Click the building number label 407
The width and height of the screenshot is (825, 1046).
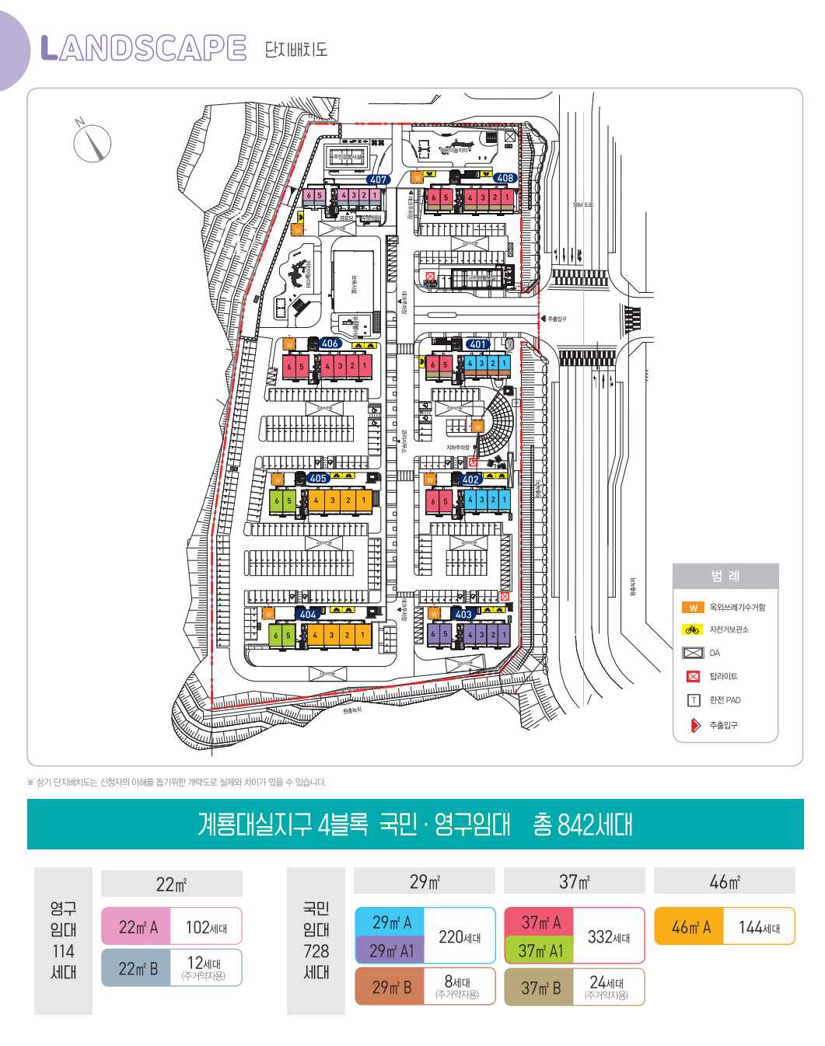[x=378, y=180]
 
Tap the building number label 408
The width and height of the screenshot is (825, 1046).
[x=505, y=178]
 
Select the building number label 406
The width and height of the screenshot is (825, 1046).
[x=330, y=343]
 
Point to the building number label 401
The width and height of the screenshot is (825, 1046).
[x=477, y=344]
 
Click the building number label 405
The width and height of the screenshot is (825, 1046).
[x=317, y=479]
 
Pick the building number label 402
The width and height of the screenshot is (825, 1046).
[x=470, y=479]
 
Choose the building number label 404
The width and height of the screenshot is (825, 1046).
[x=308, y=614]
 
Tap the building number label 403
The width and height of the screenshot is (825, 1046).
[x=463, y=614]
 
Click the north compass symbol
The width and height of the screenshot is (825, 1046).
[x=93, y=142]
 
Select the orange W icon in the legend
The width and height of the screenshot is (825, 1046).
[x=692, y=608]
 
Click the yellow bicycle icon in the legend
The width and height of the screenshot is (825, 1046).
[x=692, y=630]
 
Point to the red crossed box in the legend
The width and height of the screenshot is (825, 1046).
[x=693, y=677]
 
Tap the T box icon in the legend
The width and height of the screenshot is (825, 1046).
[x=693, y=700]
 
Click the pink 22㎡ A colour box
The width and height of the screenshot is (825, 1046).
[x=137, y=927]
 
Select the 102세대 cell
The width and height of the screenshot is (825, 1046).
[x=206, y=927]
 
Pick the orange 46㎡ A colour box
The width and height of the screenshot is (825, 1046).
[x=690, y=927]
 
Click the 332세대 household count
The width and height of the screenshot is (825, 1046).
[x=609, y=937]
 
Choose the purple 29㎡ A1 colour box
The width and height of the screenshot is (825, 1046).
[x=391, y=950]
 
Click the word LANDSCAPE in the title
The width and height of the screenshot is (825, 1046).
[x=143, y=48]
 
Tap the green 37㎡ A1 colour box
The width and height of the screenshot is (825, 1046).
[x=540, y=950]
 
